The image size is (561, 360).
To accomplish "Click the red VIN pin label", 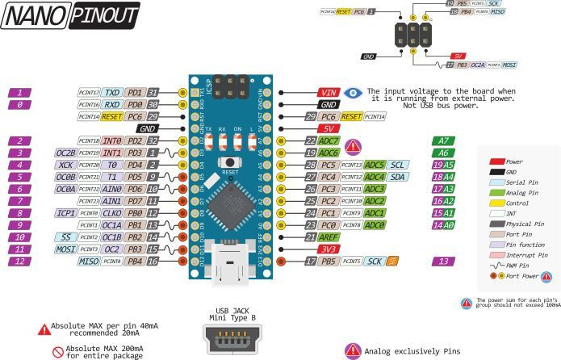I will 329,93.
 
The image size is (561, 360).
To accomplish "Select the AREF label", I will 329,237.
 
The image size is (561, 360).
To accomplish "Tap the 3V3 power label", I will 329,249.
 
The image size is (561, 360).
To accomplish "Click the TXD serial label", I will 113,93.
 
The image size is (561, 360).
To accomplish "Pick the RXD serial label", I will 113,105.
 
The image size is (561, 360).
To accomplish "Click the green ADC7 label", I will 329,140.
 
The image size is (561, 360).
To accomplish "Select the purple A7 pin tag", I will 443,140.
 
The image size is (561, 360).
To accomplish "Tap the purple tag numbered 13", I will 443,262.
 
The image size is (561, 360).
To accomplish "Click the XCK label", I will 66,165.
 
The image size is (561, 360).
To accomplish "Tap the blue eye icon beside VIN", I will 353,93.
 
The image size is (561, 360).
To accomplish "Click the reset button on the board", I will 231,162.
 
